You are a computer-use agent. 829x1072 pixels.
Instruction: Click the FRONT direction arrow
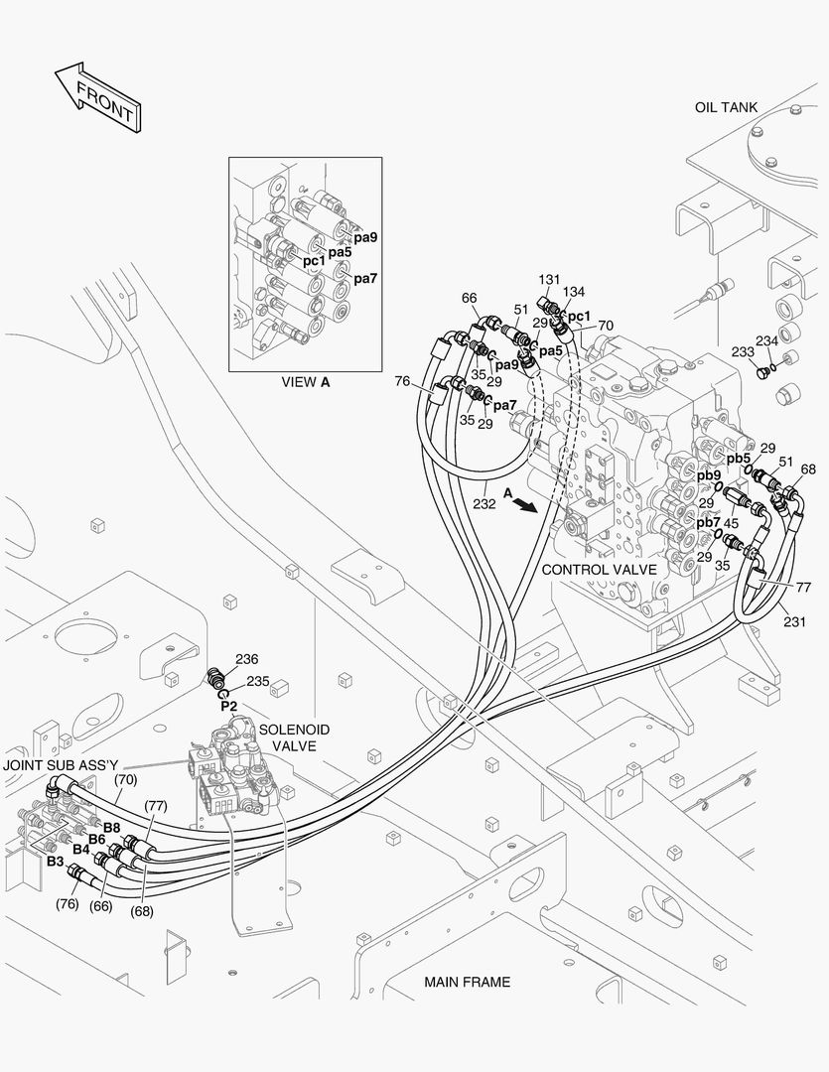(x=95, y=96)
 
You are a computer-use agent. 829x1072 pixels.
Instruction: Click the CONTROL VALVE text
(x=599, y=570)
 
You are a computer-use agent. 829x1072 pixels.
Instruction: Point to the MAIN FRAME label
(x=467, y=982)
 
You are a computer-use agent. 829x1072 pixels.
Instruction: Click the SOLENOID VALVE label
(x=294, y=737)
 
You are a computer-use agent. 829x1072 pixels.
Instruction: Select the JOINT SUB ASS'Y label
(x=61, y=765)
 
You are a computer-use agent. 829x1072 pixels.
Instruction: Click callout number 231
(x=794, y=622)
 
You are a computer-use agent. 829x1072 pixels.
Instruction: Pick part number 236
(x=246, y=659)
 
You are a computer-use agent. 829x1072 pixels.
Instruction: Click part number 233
(x=743, y=351)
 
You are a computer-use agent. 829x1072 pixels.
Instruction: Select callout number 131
(x=550, y=280)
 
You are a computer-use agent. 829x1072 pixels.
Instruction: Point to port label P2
(x=228, y=706)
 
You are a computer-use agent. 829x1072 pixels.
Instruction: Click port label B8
(x=111, y=828)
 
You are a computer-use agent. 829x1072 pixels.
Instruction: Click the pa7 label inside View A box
(x=366, y=278)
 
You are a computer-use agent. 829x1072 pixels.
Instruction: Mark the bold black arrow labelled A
(x=526, y=503)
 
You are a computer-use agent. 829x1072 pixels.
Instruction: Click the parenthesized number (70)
(x=125, y=779)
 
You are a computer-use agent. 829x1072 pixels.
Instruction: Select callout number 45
(x=731, y=523)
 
